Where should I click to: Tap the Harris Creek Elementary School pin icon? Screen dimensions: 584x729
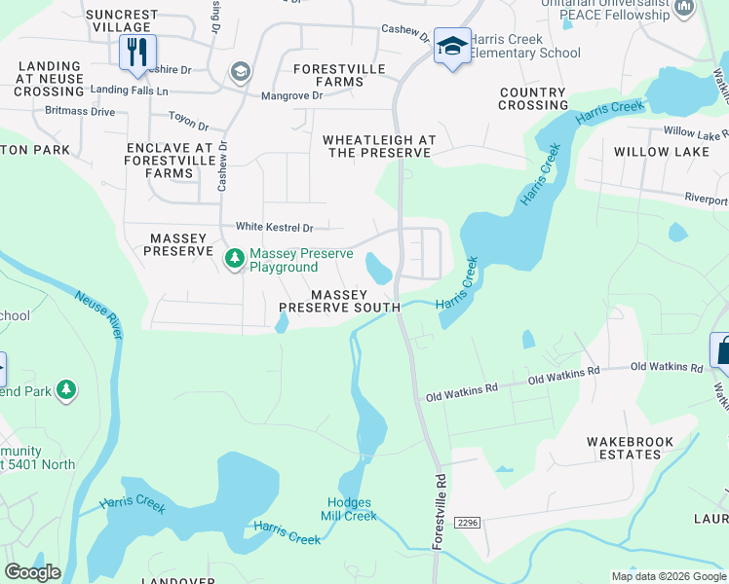click(451, 46)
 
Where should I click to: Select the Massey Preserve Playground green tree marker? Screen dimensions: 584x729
click(234, 259)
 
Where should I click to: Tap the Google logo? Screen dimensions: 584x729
click(33, 572)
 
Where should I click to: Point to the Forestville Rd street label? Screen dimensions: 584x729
click(439, 512)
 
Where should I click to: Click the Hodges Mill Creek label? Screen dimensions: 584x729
click(349, 509)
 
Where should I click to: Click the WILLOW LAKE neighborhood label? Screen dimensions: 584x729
click(662, 152)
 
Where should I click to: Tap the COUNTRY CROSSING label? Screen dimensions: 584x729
click(533, 98)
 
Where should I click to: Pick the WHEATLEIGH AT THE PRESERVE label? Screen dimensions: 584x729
click(379, 147)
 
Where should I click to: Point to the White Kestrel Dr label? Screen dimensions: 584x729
click(274, 228)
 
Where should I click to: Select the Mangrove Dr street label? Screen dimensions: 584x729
click(291, 96)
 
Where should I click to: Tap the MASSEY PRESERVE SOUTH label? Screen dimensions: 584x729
click(339, 301)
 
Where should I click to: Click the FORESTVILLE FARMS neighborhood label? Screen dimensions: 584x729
click(339, 75)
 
